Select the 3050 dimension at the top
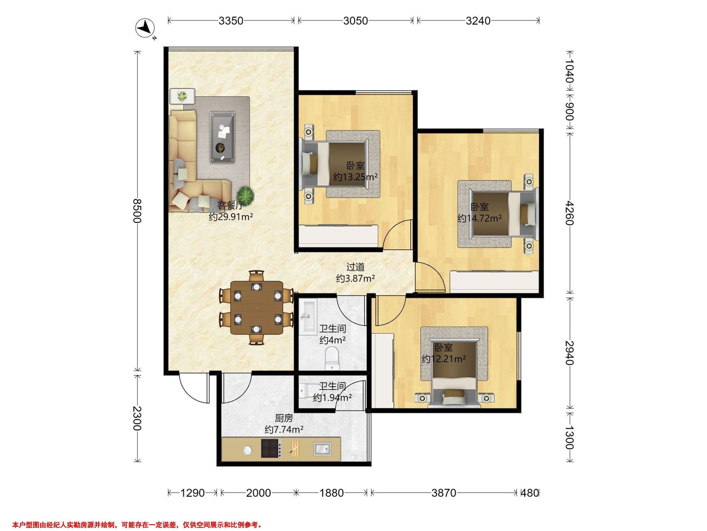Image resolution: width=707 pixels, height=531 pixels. point(356,21)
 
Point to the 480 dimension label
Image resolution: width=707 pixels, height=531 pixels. point(530,493)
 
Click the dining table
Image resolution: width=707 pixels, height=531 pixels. point(257,308)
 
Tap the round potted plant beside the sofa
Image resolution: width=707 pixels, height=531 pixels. point(245,194)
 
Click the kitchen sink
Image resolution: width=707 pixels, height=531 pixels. point(322,448)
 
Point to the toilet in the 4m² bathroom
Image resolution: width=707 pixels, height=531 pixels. point(331,359)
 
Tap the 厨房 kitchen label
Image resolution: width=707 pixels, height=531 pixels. point(284,418)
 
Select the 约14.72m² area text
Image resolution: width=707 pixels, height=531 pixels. point(479,218)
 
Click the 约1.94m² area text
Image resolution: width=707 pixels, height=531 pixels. point(332,398)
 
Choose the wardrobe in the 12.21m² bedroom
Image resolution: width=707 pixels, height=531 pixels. point(383,370)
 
